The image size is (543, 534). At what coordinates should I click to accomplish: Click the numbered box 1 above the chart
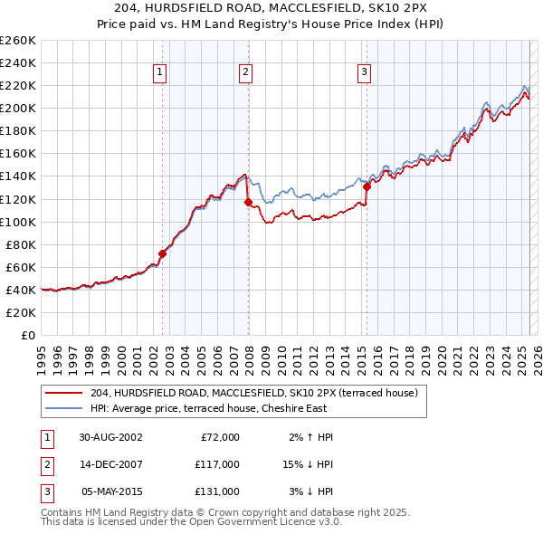click(x=159, y=73)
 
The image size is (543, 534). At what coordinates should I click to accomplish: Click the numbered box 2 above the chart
click(x=246, y=73)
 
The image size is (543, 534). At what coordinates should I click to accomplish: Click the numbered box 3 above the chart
click(x=364, y=73)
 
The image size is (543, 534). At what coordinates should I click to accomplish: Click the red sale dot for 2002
click(x=163, y=253)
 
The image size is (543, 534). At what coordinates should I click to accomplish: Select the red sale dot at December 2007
click(x=248, y=202)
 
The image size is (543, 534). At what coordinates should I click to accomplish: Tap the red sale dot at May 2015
click(x=367, y=187)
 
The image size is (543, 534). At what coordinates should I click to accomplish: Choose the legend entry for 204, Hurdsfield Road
click(x=253, y=394)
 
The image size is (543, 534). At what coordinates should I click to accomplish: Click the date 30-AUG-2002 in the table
click(x=110, y=437)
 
